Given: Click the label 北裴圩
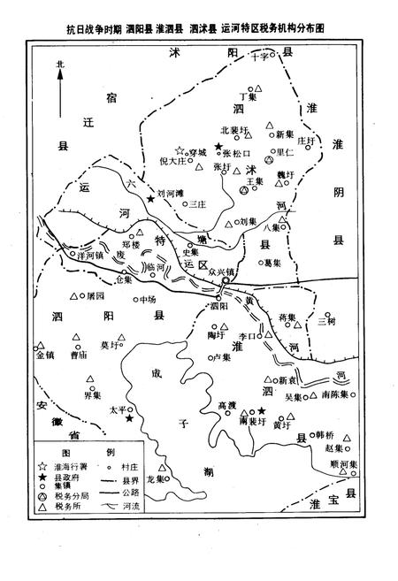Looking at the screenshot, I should pos(230,130).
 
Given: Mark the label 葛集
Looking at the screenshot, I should pos(272,262).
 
